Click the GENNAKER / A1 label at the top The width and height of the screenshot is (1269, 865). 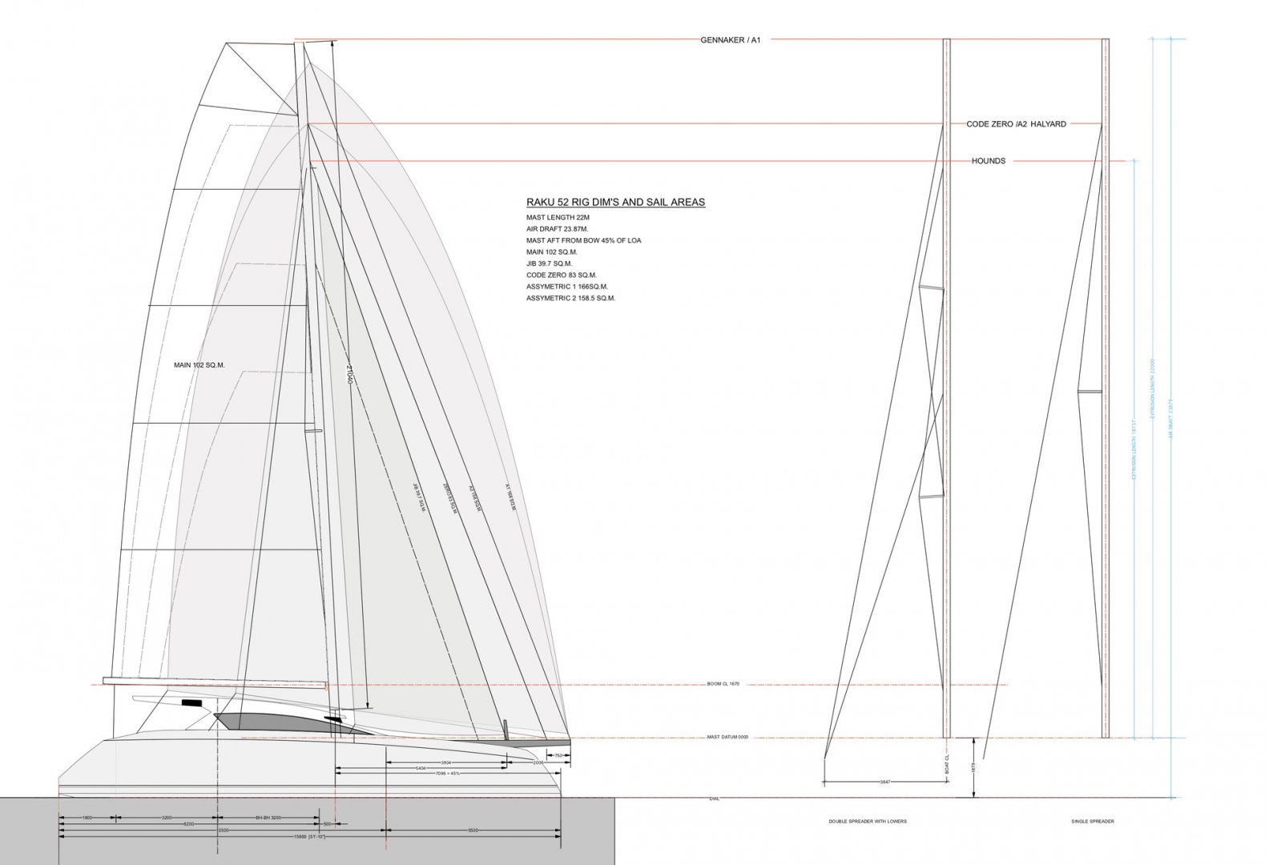click(731, 39)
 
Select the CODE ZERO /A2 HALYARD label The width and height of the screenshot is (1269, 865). click(1016, 124)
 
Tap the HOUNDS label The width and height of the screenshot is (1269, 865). click(988, 161)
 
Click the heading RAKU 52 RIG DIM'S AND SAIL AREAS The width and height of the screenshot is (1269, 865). click(615, 203)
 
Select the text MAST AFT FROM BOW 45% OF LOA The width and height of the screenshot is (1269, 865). click(583, 240)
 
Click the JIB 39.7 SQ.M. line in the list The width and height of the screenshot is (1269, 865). click(549, 264)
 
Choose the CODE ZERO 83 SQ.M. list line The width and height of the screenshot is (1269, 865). click(561, 275)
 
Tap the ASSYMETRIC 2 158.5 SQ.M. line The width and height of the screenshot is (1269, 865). click(570, 298)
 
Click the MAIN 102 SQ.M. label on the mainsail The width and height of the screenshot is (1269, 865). click(199, 365)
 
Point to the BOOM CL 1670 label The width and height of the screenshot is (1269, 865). click(723, 684)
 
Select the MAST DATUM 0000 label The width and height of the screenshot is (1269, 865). click(727, 737)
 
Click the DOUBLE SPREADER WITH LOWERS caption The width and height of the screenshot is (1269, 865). click(868, 821)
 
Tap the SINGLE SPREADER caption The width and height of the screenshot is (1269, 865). click(1093, 821)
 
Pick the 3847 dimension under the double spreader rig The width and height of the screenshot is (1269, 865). click(884, 781)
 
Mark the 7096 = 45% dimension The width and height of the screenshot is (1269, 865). click(452, 774)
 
